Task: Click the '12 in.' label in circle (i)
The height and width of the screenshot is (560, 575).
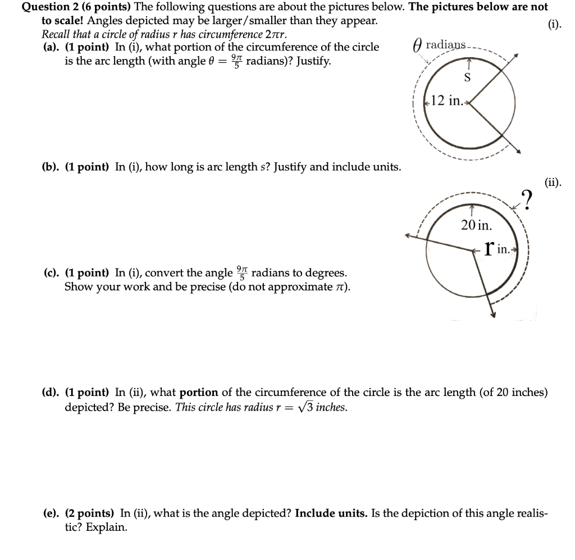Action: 445,101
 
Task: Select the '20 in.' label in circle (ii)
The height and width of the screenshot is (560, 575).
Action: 476,225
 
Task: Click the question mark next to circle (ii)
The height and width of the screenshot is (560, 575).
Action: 527,199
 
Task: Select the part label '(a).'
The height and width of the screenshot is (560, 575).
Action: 52,47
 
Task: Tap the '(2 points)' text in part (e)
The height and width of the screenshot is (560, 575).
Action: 90,513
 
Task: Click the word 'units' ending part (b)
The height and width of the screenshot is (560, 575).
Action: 387,167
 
